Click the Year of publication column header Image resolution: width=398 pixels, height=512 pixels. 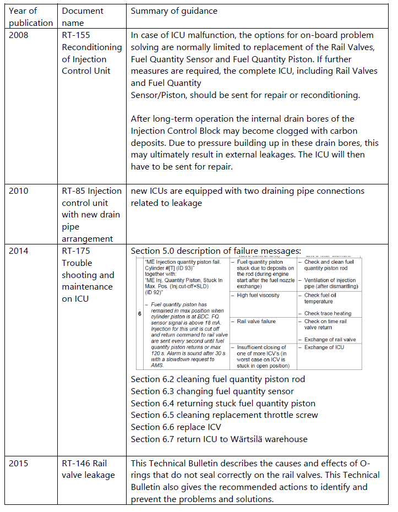tap(31, 17)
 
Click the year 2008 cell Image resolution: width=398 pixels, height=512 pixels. tap(20, 35)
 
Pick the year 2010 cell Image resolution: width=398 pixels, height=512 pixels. tap(20, 191)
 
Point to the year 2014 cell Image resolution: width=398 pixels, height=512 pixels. tap(20, 251)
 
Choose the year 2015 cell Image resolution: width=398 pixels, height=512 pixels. tap(20, 463)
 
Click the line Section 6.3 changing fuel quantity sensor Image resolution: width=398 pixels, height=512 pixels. tap(212, 391)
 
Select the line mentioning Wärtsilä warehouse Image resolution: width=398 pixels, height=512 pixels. tap(219, 439)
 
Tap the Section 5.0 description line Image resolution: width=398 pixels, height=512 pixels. tap(216, 251)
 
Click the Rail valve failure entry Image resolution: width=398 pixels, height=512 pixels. tap(257, 322)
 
